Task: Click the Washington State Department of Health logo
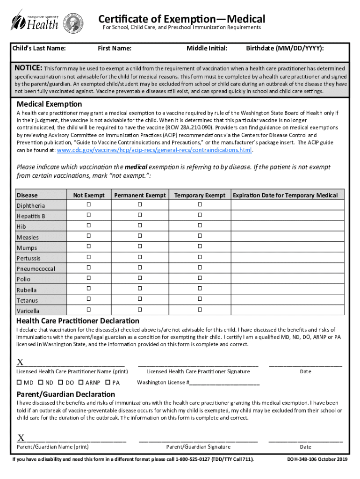(x=35, y=20)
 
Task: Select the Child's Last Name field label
(x=38, y=48)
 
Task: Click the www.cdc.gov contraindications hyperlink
(x=154, y=150)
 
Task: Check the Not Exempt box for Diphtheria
(x=89, y=205)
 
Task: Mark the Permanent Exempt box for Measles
(x=139, y=236)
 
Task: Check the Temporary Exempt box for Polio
(x=200, y=278)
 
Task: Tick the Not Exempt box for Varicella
(x=89, y=310)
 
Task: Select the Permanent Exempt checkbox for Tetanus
(x=139, y=299)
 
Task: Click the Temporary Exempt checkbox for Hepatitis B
(x=200, y=215)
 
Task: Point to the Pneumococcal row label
(x=36, y=269)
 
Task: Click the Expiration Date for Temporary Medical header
(x=285, y=195)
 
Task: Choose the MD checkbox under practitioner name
(x=19, y=382)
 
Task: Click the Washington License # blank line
(x=224, y=383)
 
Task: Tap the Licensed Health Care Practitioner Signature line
(x=198, y=364)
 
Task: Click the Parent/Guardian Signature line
(x=198, y=440)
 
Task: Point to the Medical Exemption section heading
(x=49, y=104)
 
